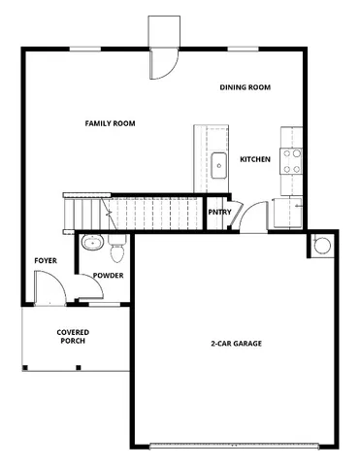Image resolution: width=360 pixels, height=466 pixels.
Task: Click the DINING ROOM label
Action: coord(245,87)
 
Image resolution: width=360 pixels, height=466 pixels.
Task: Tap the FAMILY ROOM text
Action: coord(110,123)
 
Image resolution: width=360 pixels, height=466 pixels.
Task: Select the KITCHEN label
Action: coord(255,159)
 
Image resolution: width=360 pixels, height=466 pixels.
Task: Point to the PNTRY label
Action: coord(218,213)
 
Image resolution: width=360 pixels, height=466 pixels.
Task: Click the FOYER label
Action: coord(45,261)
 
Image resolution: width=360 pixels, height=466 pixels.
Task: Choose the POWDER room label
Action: coord(109,277)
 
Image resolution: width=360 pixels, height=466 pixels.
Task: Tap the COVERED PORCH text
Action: coord(73,336)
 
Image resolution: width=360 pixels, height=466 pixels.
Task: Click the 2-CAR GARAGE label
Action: coord(237,343)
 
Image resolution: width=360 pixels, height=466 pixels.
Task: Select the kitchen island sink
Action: coord(219,163)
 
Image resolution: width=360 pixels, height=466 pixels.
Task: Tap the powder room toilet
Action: coord(117,252)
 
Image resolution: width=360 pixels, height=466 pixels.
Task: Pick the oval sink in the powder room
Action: coord(92,243)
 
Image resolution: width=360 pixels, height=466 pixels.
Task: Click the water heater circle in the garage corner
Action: coord(320,245)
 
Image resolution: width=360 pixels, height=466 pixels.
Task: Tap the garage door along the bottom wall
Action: coord(237,446)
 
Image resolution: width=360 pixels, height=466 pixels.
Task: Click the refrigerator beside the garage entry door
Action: coord(288,211)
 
